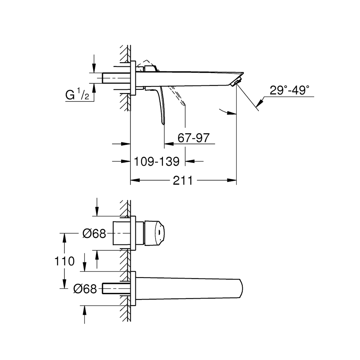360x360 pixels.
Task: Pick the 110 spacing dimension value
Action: coord(64,261)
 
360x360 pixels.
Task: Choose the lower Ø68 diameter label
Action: coord(85,289)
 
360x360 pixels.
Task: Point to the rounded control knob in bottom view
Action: coord(156,233)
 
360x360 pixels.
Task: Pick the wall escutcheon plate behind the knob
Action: coord(133,233)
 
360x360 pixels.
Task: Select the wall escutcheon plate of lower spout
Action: coord(133,289)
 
